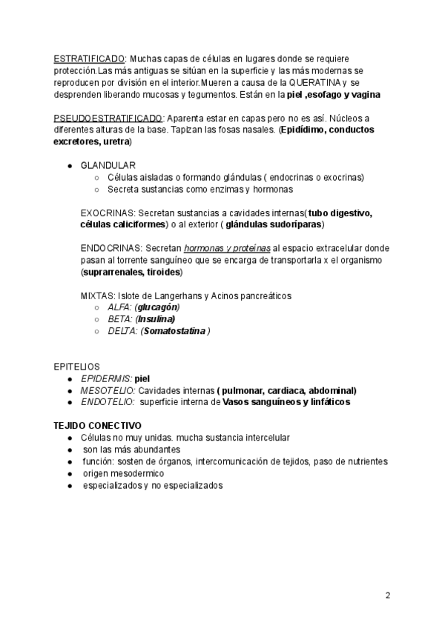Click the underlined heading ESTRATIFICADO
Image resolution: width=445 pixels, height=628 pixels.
tap(89, 59)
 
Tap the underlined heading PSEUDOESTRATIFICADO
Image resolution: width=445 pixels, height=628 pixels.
tap(108, 118)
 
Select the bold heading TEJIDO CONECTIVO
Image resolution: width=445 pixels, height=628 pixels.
tap(97, 426)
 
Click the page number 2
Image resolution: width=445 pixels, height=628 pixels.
tap(387, 595)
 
